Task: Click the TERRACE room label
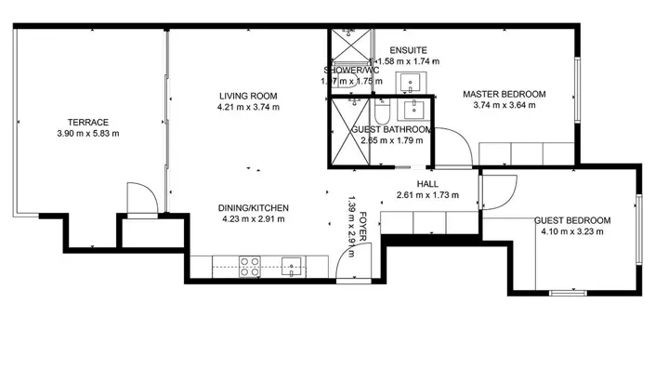pos(87,122)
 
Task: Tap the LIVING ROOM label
pos(248,95)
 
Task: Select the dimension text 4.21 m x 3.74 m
pos(248,107)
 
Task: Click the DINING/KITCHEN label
pos(254,207)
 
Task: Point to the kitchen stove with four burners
pos(249,267)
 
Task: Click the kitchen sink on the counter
pos(292,268)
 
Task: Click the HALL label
pos(428,184)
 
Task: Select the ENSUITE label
pos(409,49)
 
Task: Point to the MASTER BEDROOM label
pos(504,94)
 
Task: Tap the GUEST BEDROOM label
pos(572,220)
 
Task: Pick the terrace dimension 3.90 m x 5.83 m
pos(87,134)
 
